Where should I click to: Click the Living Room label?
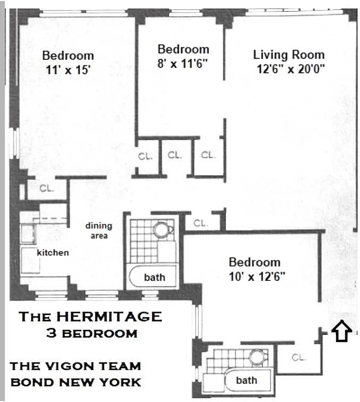coord(289,55)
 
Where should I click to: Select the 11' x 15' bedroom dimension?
coord(68,70)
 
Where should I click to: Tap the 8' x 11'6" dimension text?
coord(183,64)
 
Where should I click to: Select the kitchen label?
coord(53,253)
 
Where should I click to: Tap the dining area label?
coord(98,231)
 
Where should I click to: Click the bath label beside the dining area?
coord(154,277)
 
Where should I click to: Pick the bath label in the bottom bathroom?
coord(247,380)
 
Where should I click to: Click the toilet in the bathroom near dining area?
coord(162,230)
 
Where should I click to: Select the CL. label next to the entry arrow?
coord(299,357)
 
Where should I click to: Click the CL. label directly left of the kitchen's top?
coord(47,189)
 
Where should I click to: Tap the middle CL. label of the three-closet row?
coord(175,155)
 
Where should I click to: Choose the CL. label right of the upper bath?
coord(200,223)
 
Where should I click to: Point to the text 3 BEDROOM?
coord(91,333)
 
